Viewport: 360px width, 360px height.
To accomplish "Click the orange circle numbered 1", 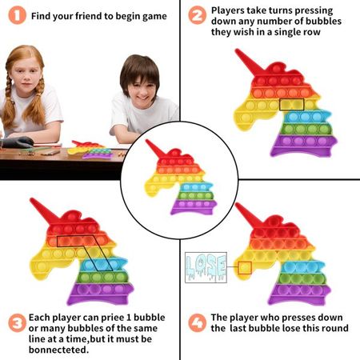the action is click(x=18, y=15).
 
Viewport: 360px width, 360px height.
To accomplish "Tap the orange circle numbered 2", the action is click(x=198, y=15).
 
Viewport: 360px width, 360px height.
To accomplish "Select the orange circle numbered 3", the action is click(x=18, y=323).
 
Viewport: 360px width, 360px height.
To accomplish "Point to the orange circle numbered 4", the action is click(x=198, y=322).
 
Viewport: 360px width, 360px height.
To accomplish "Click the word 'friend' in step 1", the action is click(x=88, y=16).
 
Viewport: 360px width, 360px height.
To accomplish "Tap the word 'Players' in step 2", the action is click(x=228, y=11).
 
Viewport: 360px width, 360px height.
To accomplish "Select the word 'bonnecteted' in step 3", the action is click(x=58, y=350).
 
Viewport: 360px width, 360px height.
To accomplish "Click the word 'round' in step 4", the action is click(x=334, y=328).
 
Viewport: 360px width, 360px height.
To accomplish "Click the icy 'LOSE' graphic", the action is click(x=206, y=267).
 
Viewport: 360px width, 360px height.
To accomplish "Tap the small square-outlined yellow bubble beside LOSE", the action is click(x=245, y=267).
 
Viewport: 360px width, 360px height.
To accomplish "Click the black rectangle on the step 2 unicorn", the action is click(x=291, y=104).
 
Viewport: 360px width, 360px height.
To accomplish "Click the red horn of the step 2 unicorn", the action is click(x=247, y=62).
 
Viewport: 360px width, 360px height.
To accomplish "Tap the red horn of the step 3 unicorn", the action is click(x=42, y=210).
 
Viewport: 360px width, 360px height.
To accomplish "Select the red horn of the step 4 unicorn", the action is click(x=246, y=214).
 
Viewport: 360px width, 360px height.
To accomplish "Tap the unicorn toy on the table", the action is click(x=90, y=150).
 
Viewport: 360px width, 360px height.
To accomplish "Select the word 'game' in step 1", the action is click(x=154, y=17).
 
